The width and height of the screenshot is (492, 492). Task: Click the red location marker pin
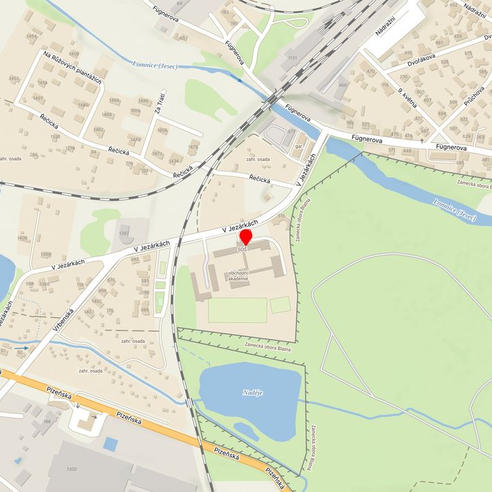245,237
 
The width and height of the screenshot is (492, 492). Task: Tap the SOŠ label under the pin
242,249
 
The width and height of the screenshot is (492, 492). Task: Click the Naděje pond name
252,393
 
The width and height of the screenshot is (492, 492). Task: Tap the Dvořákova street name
403,61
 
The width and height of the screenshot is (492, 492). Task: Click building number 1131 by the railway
293,59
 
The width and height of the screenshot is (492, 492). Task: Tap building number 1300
72,470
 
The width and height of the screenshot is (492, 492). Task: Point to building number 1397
123,233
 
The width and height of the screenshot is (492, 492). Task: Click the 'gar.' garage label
299,147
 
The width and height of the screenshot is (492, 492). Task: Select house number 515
281,216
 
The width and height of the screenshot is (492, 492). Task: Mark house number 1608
162,130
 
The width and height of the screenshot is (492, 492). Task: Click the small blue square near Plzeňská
110,444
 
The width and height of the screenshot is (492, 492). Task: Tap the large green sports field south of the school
237,310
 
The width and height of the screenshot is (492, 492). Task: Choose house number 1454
31,36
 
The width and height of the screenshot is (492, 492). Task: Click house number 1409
23,238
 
